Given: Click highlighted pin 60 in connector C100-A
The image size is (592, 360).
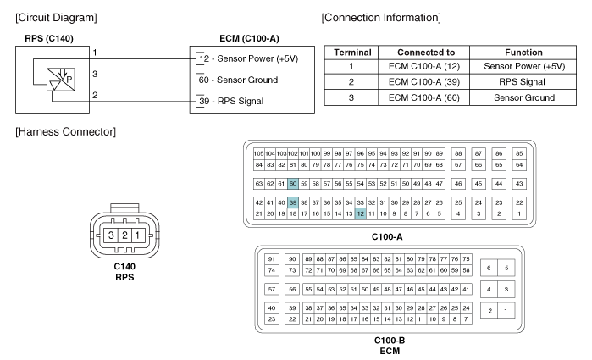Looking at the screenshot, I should (x=293, y=183).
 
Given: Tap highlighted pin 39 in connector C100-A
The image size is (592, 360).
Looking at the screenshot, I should (x=293, y=203).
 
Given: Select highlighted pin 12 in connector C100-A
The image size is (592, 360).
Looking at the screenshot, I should (x=360, y=214).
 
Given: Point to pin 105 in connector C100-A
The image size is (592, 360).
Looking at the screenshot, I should (x=259, y=152).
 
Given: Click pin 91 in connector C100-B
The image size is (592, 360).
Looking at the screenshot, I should (x=272, y=258).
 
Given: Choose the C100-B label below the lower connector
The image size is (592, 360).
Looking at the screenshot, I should (x=390, y=341).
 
